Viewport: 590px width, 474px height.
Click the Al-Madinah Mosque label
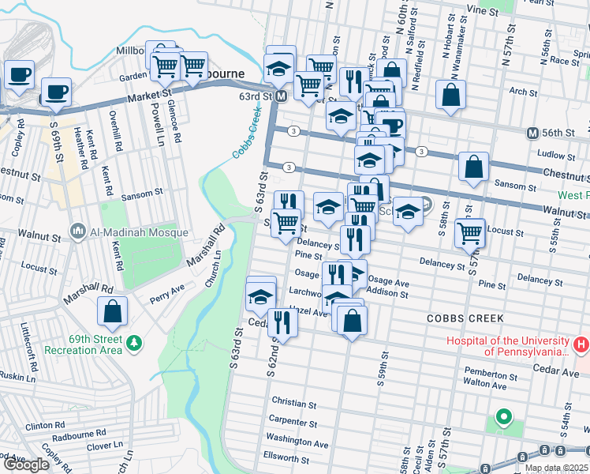pos(139,232)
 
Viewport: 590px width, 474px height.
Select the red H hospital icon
pos(581,344)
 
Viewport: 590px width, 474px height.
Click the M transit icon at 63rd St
pos(280,96)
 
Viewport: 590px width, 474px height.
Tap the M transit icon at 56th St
pos(533,133)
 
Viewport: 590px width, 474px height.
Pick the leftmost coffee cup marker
pos(18,74)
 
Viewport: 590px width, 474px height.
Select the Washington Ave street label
pos(297,443)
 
